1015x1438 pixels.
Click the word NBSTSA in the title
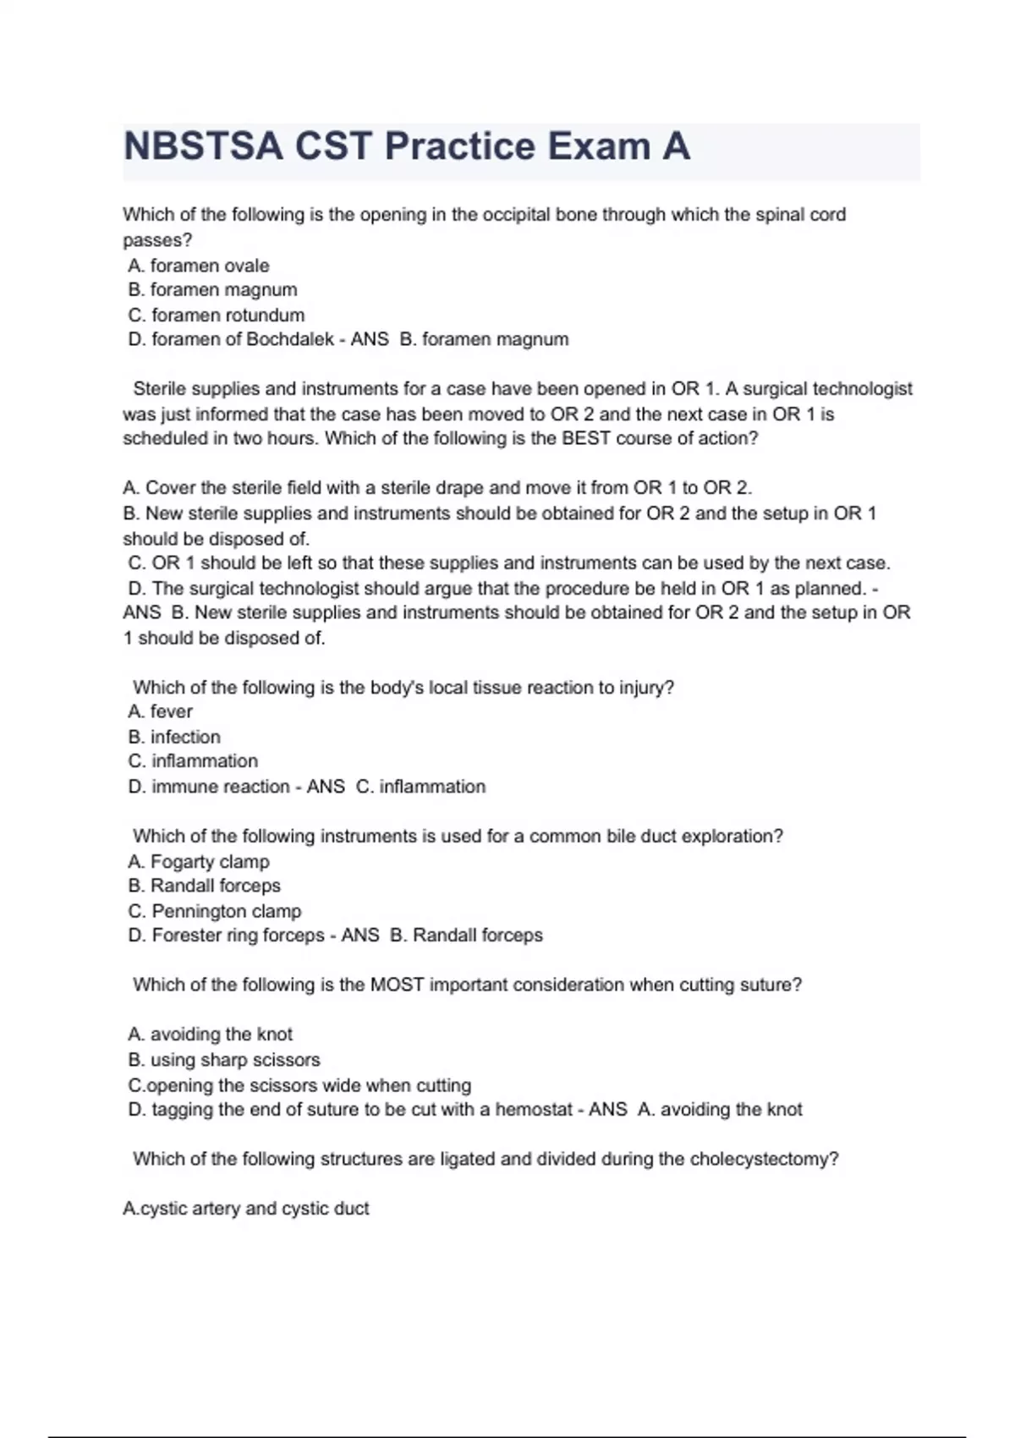[204, 146]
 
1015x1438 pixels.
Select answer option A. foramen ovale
[199, 266]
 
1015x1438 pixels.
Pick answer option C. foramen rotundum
[217, 315]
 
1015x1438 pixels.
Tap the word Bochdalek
[290, 339]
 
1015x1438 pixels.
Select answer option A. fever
[161, 711]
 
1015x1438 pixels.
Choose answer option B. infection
[174, 737]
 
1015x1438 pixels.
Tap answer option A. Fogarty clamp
[199, 861]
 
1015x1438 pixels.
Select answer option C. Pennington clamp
[215, 911]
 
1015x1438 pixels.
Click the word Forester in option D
[184, 936]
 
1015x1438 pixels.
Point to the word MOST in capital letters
[397, 985]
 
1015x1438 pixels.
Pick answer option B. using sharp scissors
[224, 1060]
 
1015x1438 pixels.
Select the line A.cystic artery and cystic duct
[246, 1209]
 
